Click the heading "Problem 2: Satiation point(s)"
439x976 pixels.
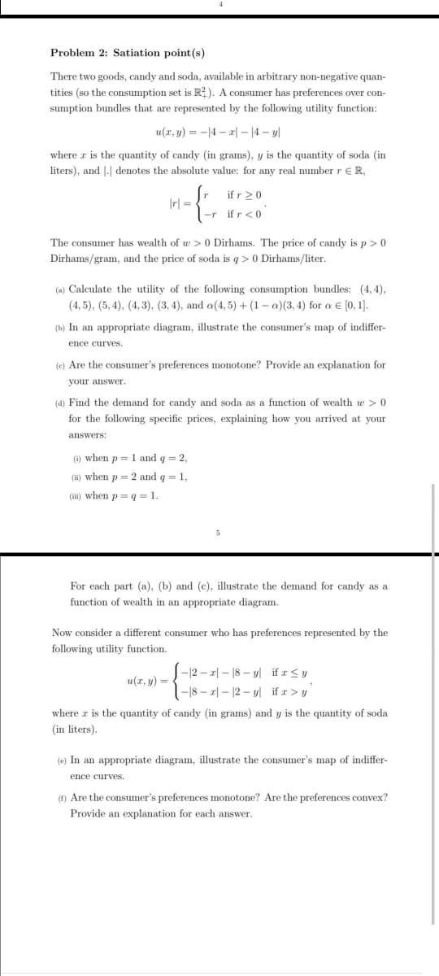[x=128, y=53]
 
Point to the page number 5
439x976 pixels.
[x=218, y=534]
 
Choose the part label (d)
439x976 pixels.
[x=60, y=403]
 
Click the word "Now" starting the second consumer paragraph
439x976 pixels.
[x=61, y=632]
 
